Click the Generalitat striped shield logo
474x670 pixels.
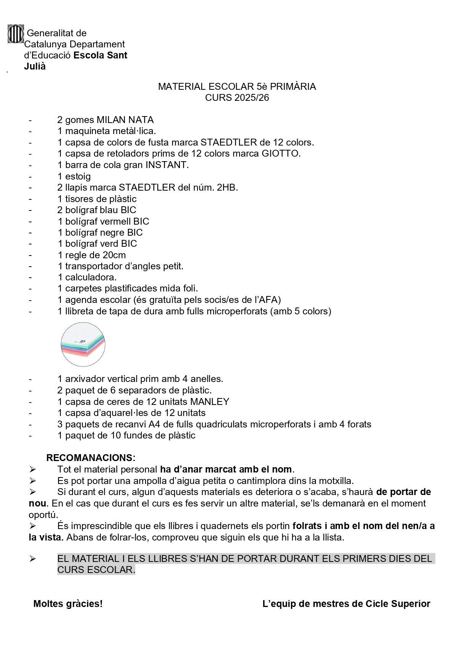16,34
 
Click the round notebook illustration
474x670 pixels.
83,345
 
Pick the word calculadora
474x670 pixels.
91,277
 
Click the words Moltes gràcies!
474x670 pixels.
68,604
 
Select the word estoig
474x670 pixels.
78,176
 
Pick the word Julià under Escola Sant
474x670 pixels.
35,66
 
